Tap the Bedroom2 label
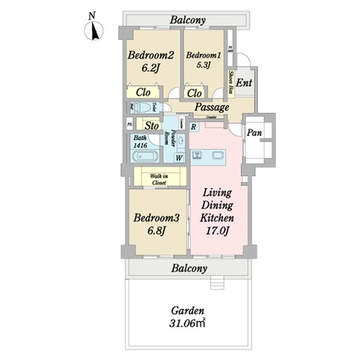[151, 55]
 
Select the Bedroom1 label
[204, 56]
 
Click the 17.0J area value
[217, 231]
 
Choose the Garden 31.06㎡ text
[188, 316]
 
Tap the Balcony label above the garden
[189, 268]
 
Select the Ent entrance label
[244, 83]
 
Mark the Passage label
[212, 107]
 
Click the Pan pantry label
[255, 132]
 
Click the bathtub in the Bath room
[143, 157]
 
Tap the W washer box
[180, 158]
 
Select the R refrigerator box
[194, 127]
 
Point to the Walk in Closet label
[159, 178]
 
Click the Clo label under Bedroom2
[142, 92]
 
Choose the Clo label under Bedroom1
[193, 92]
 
